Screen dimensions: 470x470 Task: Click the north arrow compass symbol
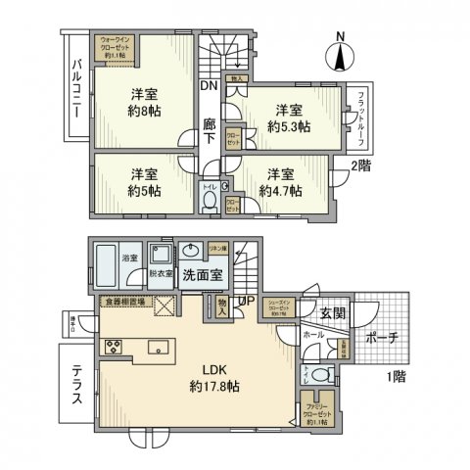click(341, 53)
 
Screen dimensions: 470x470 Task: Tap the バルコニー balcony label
click(75, 89)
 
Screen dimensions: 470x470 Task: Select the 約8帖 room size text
click(145, 113)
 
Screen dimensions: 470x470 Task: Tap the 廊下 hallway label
click(210, 131)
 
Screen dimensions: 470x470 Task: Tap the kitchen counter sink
click(158, 346)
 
